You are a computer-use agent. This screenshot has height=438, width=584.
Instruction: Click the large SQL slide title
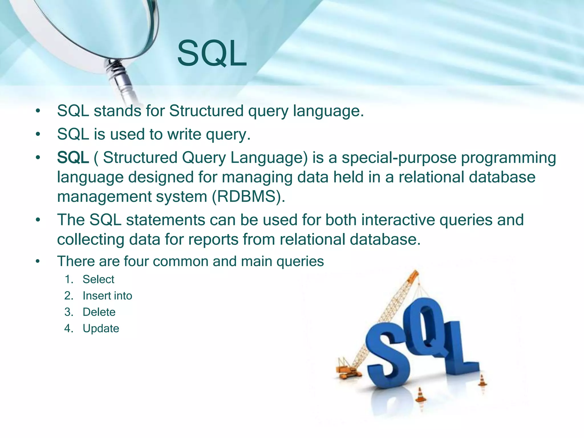pyautogui.click(x=212, y=54)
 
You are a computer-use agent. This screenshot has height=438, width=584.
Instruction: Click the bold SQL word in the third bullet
pyautogui.click(x=73, y=157)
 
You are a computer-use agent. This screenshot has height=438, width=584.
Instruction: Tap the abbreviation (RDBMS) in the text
pyautogui.click(x=248, y=196)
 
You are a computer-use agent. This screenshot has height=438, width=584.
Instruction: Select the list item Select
pyautogui.click(x=98, y=279)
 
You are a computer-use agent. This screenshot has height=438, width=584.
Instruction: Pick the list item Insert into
pyautogui.click(x=107, y=296)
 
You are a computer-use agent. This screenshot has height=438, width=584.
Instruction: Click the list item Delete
pyautogui.click(x=99, y=312)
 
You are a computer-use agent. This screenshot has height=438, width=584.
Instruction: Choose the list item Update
pyautogui.click(x=101, y=328)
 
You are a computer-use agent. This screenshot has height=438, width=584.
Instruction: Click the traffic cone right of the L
pyautogui.click(x=482, y=381)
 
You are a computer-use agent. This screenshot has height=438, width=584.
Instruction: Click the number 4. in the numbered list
pyautogui.click(x=69, y=328)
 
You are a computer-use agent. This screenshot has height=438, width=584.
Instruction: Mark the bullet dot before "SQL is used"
pyautogui.click(x=38, y=134)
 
